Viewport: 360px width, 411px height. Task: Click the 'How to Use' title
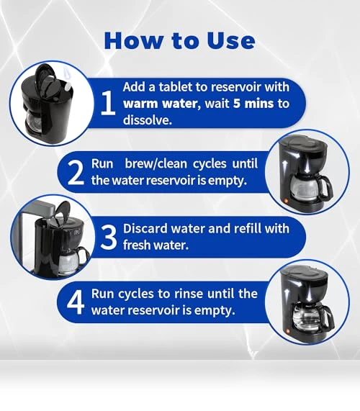click(x=179, y=40)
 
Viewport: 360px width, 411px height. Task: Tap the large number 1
click(x=108, y=102)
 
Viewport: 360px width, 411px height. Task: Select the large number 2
click(x=76, y=173)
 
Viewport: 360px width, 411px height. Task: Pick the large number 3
click(x=108, y=238)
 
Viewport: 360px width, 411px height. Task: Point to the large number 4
click(x=76, y=302)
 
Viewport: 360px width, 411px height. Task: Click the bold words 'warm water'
click(x=160, y=104)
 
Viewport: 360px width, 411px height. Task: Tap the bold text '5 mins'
click(x=253, y=103)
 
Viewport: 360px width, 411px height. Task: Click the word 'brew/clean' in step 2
click(x=156, y=164)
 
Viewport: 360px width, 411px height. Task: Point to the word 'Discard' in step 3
click(x=145, y=228)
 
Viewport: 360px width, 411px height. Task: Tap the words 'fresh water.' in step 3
click(x=156, y=245)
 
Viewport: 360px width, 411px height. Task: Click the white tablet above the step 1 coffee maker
click(x=68, y=86)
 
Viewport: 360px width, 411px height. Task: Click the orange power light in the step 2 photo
click(x=287, y=202)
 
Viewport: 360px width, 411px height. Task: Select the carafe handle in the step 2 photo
click(x=328, y=186)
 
